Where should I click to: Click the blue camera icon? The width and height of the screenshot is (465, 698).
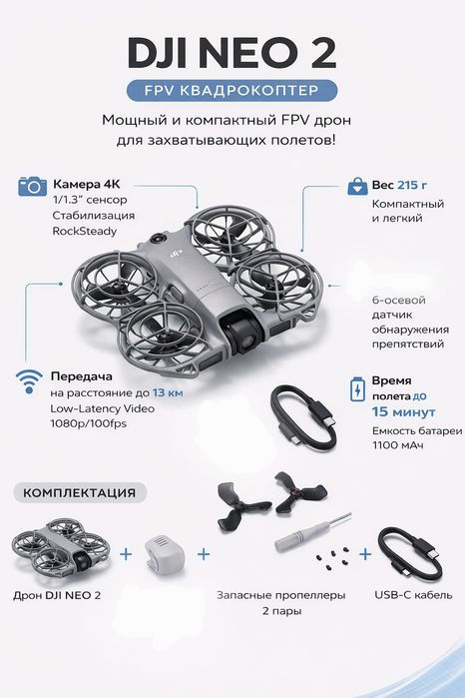click(x=32, y=186)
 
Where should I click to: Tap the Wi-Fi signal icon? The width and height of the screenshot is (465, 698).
click(x=29, y=381)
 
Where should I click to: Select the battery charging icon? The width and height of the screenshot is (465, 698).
click(x=357, y=389)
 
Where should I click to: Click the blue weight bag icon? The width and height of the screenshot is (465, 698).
click(x=357, y=186)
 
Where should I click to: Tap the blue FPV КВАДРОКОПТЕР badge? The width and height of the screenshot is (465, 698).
click(x=232, y=90)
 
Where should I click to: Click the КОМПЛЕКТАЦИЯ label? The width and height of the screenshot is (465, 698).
click(x=80, y=492)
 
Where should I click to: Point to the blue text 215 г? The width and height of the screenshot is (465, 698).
click(x=411, y=185)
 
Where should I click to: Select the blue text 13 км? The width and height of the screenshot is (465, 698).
click(x=168, y=392)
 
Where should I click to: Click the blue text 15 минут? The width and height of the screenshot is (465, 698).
click(x=403, y=411)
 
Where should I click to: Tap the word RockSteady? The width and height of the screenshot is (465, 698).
click(x=85, y=231)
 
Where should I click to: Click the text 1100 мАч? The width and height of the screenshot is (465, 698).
click(x=398, y=444)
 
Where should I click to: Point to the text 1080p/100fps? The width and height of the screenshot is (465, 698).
click(x=88, y=423)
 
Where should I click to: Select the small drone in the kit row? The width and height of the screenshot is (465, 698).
click(x=60, y=550)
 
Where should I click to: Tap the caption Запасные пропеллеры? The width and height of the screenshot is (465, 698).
click(x=280, y=595)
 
